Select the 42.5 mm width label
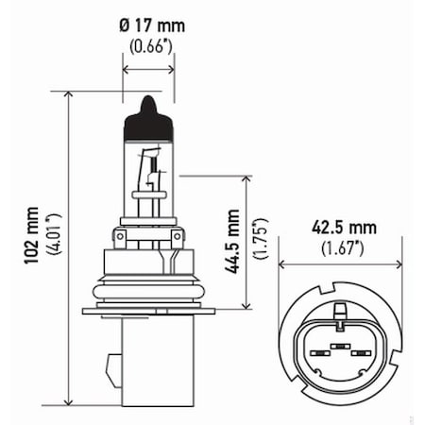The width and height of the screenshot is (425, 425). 343,228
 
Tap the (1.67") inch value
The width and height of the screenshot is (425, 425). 343,248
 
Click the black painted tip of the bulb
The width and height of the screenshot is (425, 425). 148,108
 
